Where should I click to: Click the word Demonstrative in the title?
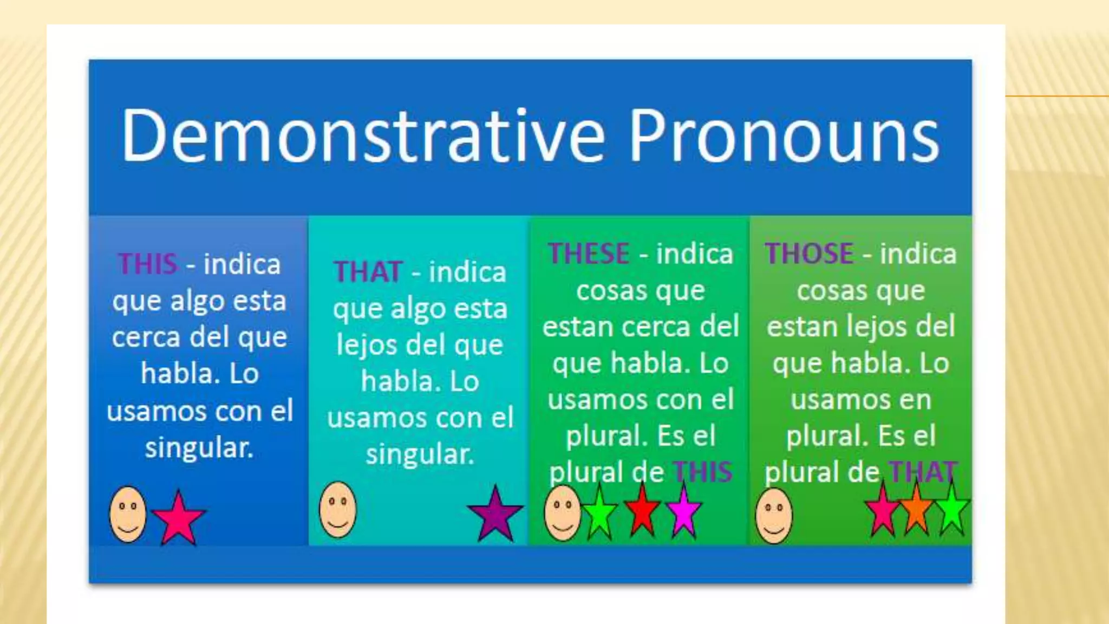362,135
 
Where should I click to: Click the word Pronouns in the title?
784,135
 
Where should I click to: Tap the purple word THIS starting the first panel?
148,264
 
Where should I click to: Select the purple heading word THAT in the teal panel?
368,271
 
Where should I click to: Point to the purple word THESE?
588,253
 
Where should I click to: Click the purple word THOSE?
809,253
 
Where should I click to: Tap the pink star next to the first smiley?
178,518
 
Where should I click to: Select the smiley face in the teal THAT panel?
338,509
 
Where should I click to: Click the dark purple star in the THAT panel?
495,514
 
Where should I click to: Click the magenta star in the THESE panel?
683,511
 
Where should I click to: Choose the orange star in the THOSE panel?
916,509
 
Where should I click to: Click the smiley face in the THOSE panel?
774,515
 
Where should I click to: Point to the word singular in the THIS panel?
199,447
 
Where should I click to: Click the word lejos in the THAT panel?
365,345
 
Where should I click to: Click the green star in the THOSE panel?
951,509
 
